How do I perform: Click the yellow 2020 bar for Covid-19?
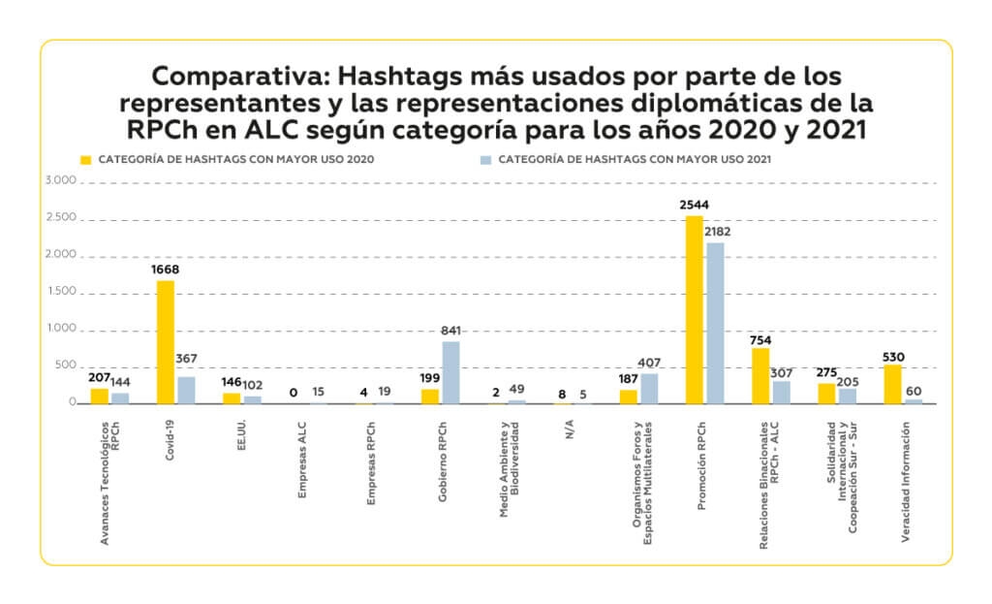click(x=165, y=341)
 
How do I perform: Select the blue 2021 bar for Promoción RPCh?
click(x=715, y=322)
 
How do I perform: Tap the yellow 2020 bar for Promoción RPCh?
click(x=694, y=308)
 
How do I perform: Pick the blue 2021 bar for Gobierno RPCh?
click(x=450, y=372)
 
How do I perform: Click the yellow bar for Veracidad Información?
click(x=892, y=384)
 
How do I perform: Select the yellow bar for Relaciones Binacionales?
click(x=760, y=375)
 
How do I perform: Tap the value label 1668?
click(x=165, y=270)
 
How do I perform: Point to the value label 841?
click(x=451, y=331)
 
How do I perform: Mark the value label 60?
click(x=914, y=390)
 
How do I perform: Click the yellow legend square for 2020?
click(x=85, y=158)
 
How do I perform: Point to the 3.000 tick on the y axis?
click(x=59, y=181)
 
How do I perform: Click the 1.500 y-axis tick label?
click(x=59, y=292)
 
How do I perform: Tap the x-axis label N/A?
click(x=570, y=429)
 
